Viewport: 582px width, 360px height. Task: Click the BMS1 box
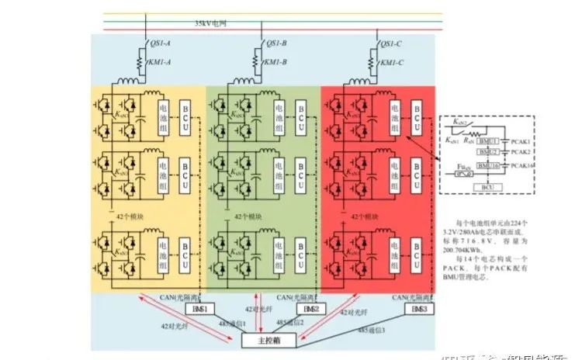tap(193, 309)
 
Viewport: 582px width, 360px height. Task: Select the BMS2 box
tap(309, 309)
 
